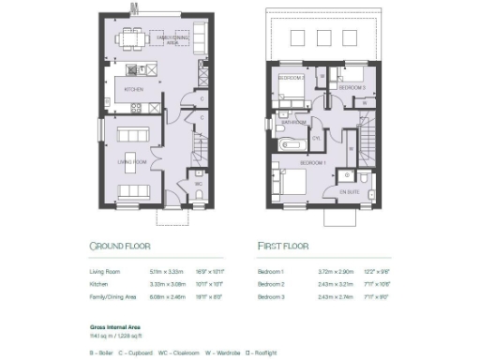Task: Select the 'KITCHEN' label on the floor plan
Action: click(132, 89)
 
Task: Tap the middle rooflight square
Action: click(324, 37)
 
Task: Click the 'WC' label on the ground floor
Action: click(199, 184)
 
